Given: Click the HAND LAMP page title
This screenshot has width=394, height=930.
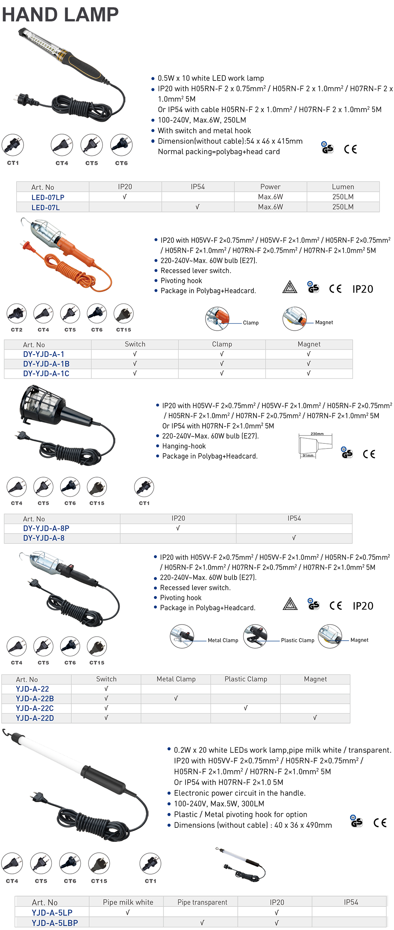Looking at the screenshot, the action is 60,15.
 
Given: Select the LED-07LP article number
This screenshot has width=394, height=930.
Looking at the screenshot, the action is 48,198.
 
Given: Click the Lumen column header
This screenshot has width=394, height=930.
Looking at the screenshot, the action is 343,187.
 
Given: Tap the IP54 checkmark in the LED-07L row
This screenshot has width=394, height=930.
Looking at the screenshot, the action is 198,207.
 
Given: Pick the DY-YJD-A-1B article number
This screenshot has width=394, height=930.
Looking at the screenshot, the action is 46,364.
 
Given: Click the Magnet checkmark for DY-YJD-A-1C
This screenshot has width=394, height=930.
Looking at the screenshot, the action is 309,373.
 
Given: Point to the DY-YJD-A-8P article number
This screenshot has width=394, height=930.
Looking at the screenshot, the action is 46,528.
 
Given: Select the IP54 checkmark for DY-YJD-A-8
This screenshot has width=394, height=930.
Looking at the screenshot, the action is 294,538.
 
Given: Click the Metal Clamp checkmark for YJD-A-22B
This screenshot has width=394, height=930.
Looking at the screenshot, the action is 176,698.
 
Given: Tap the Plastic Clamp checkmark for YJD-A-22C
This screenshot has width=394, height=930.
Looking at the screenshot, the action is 246,708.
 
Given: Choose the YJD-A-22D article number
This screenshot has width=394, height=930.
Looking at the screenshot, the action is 35,718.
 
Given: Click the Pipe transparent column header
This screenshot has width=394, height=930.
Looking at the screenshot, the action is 202,902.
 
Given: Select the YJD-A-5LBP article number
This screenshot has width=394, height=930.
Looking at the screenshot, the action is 55,923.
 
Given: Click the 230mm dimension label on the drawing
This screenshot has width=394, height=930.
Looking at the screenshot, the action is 317,434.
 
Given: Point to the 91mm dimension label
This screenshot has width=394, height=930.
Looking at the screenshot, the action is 308,455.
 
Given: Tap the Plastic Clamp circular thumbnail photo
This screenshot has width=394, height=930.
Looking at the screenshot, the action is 255,636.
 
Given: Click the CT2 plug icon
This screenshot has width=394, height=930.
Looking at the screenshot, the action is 17,314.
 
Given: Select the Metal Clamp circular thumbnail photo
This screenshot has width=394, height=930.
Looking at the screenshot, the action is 182,636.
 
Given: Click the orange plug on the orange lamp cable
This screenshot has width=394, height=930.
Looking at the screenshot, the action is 26,246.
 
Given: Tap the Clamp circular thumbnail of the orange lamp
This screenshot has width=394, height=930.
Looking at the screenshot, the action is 217,319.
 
